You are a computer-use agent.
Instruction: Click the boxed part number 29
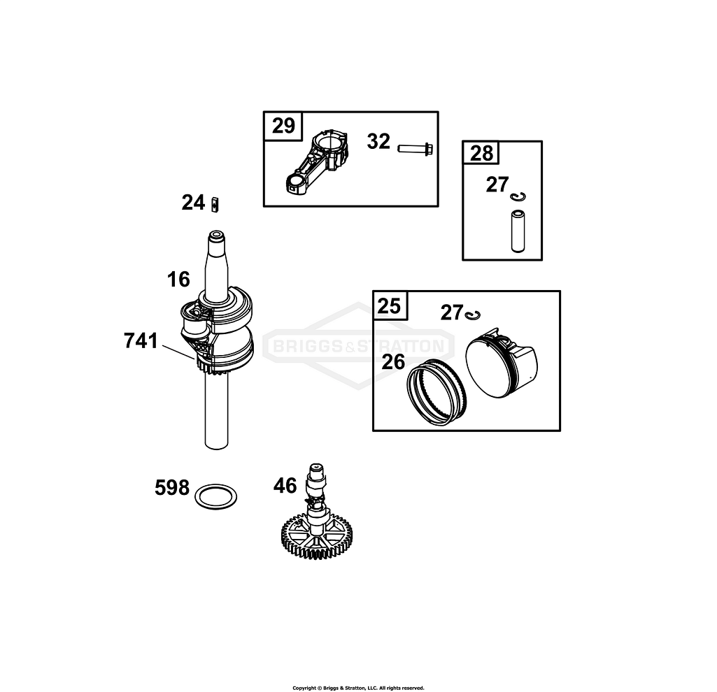click(283, 127)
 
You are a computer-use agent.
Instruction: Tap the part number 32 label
click(378, 142)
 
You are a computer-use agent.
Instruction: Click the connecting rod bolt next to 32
click(416, 148)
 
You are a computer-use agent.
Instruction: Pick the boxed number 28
click(481, 153)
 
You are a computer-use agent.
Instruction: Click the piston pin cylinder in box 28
click(517, 230)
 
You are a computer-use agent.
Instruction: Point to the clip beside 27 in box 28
click(518, 197)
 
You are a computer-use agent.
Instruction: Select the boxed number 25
click(390, 306)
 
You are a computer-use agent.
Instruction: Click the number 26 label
click(394, 361)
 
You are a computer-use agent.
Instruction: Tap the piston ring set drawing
click(438, 391)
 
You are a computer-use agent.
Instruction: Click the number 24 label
click(193, 203)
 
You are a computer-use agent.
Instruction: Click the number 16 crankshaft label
click(178, 280)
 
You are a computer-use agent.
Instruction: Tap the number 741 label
click(141, 341)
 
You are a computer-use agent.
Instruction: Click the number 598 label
click(172, 487)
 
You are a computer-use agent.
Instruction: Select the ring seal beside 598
click(215, 497)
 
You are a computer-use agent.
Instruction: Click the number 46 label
click(285, 485)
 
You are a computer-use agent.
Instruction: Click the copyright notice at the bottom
click(358, 688)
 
